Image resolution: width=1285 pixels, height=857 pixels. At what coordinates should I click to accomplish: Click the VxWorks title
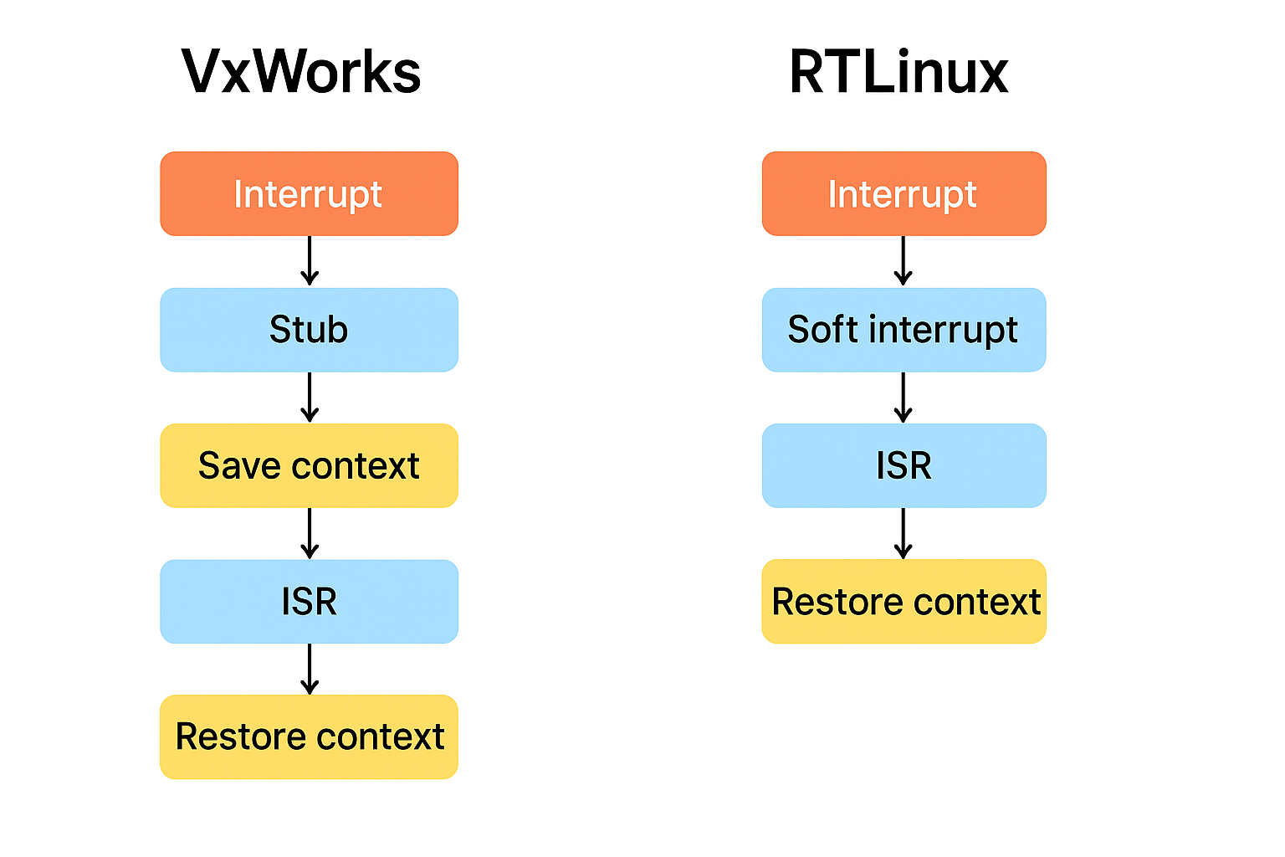[x=301, y=72]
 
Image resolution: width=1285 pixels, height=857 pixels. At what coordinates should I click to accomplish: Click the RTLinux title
[x=898, y=72]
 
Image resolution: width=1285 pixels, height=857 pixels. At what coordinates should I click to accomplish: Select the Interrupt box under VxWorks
[x=309, y=193]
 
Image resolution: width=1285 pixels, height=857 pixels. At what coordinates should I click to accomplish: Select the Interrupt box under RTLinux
[x=904, y=193]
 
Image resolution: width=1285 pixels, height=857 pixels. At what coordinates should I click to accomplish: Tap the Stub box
[x=309, y=330]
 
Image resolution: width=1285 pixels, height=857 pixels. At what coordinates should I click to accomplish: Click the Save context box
[x=309, y=465]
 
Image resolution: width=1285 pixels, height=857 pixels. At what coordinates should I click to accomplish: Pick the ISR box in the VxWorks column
[x=309, y=602]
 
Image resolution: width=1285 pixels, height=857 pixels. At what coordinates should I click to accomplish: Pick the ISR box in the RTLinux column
[x=904, y=465]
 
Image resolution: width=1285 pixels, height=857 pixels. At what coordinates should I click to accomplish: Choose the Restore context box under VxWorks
[x=309, y=736]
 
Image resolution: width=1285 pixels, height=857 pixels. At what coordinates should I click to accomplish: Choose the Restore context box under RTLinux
[x=904, y=602]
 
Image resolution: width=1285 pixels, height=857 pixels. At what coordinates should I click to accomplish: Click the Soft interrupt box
[x=904, y=330]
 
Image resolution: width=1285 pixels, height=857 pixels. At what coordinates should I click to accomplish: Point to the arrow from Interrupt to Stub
[x=310, y=261]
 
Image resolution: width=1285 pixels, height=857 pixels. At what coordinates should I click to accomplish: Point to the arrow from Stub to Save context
[x=310, y=398]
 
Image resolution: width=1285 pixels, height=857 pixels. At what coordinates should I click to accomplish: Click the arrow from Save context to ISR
[x=310, y=533]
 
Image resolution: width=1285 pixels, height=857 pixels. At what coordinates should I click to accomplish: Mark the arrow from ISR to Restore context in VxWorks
[x=310, y=669]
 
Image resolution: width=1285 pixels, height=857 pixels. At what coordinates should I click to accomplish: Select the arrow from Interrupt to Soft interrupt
[x=903, y=261]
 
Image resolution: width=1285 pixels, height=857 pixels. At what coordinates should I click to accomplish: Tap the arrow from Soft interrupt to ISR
[x=903, y=398]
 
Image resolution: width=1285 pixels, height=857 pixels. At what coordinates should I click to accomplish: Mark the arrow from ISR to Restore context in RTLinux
[x=903, y=533]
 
